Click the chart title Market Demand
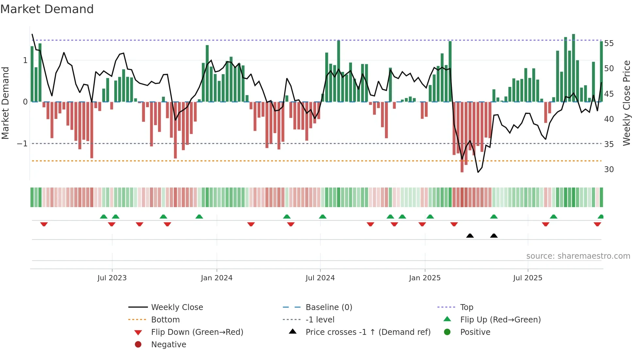click(x=47, y=9)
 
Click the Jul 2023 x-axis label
click(x=112, y=278)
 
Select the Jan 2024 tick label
click(x=216, y=278)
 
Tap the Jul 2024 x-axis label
click(x=320, y=278)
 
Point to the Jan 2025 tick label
click(x=424, y=278)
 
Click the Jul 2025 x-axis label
click(x=528, y=278)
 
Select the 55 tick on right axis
click(x=609, y=43)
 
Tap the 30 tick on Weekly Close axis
click(x=609, y=170)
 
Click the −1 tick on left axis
click(x=22, y=144)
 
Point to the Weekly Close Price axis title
click(x=626, y=103)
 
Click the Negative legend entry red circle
click(x=138, y=345)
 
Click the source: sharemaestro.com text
click(x=578, y=256)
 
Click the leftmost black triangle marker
click(x=470, y=236)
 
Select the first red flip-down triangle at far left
click(x=44, y=224)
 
